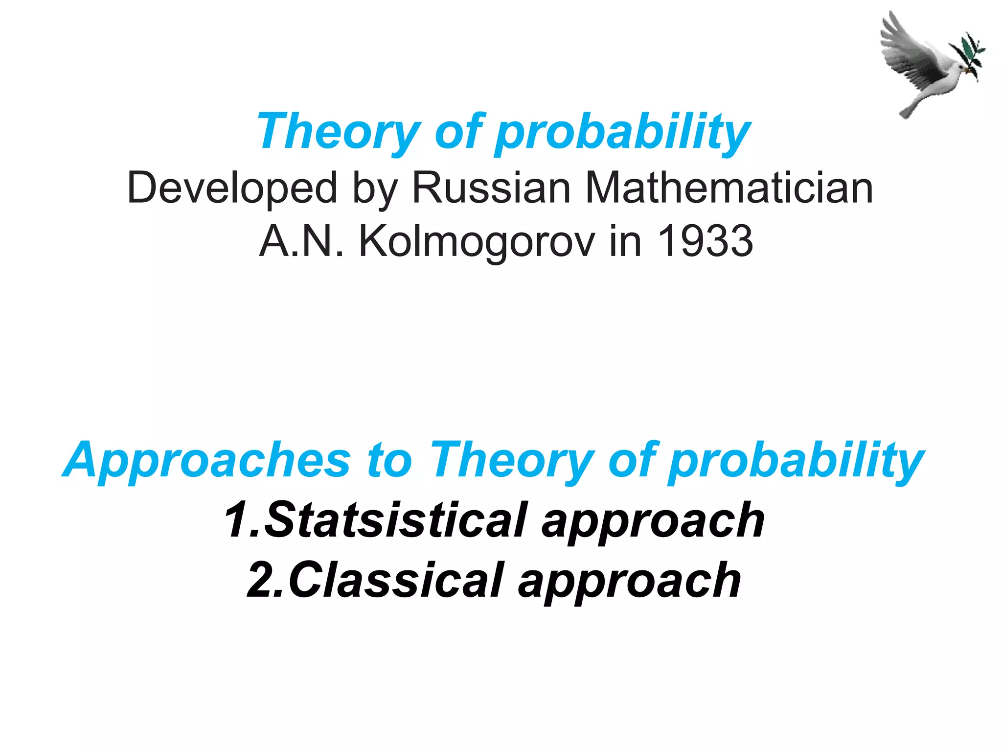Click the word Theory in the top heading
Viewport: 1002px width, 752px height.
338,131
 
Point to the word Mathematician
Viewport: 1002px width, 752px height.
729,188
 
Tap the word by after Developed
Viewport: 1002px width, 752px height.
374,189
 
